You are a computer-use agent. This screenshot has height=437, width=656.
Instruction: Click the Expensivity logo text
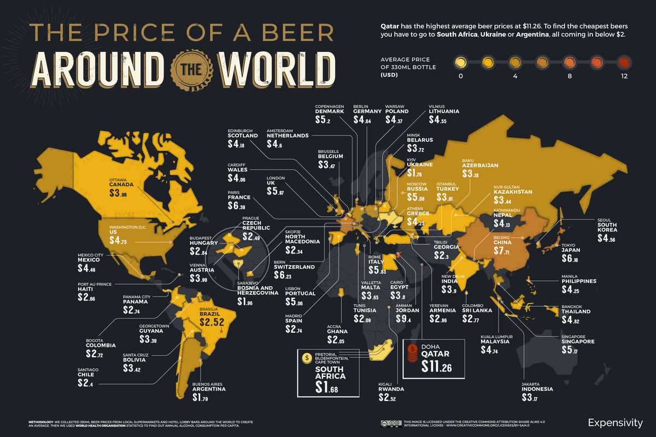(x=616, y=422)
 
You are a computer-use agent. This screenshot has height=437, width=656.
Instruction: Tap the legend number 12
(x=624, y=76)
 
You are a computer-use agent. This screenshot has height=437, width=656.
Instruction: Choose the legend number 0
(x=461, y=76)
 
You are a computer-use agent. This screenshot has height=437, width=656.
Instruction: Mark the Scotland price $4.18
(x=239, y=144)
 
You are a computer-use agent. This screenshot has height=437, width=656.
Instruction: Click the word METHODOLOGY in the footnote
(x=43, y=422)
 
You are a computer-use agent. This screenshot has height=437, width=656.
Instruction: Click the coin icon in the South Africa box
(x=306, y=357)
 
